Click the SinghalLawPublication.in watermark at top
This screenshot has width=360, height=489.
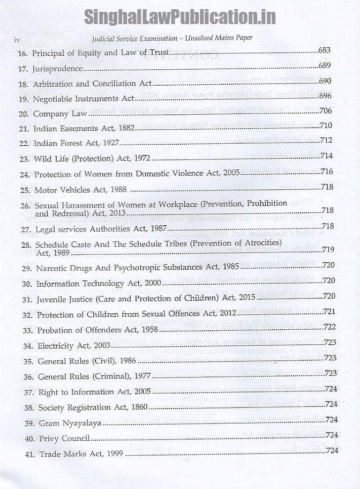click(180, 16)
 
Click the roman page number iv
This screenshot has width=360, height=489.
click(17, 40)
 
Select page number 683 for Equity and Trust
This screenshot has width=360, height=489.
click(325, 51)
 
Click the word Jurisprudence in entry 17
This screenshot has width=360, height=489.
click(57, 69)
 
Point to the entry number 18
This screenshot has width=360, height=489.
click(23, 84)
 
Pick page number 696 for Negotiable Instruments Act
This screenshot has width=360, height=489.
click(326, 97)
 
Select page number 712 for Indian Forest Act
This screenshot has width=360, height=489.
click(327, 142)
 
